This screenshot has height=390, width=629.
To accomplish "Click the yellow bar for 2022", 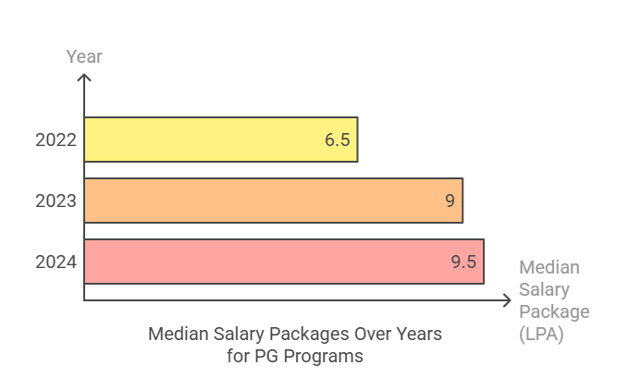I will pos(220,140).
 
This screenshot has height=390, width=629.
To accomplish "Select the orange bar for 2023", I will pos(273,201).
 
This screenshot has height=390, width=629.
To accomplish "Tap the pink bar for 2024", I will pos(283,262).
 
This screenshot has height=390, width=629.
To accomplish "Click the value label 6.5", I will pos(337,140).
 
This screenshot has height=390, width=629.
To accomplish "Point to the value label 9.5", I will pos(463,262).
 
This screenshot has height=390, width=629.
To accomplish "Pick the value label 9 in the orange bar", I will pos(450,201).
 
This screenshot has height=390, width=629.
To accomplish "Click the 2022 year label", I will pos(55,140).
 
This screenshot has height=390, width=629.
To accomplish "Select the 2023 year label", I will pos(55,201).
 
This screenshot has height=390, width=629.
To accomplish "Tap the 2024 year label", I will pos(55,262).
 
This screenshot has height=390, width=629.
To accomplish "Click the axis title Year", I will pos(84,57).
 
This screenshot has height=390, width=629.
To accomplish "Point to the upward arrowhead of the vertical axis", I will pos(84,79).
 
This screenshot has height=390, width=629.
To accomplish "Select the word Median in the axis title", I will pos(549,268).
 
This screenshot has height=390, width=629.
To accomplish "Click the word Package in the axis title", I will pos(554,312).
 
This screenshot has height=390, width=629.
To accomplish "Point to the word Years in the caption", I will pos(419,333).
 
